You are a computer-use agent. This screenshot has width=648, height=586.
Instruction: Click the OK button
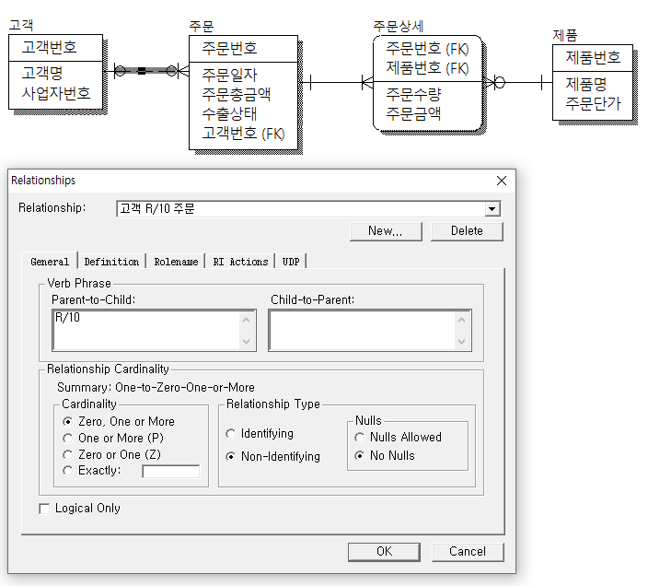click(x=384, y=552)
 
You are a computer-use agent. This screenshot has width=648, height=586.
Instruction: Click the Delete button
click(x=467, y=230)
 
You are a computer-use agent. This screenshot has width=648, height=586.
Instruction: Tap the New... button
click(x=386, y=230)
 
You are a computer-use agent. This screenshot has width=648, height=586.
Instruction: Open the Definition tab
click(x=111, y=262)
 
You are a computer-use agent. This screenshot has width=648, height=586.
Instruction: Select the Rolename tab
click(x=176, y=262)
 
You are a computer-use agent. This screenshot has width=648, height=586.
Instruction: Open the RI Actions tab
click(x=240, y=262)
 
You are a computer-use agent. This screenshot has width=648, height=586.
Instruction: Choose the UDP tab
click(x=291, y=262)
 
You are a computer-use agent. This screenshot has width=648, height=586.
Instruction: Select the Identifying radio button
click(x=231, y=433)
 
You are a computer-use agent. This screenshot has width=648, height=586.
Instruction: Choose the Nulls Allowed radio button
click(x=360, y=437)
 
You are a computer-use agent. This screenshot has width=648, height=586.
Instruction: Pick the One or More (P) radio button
click(x=67, y=438)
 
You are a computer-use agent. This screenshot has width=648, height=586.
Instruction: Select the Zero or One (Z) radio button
click(x=67, y=455)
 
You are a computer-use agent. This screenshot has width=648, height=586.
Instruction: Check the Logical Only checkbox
click(x=44, y=509)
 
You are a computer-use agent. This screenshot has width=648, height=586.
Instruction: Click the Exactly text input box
click(x=170, y=471)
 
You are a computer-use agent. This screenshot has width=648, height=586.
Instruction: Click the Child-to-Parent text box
click(x=370, y=331)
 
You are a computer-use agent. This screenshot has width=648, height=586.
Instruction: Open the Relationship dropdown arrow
click(x=492, y=209)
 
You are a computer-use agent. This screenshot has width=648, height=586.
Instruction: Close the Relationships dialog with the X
click(x=502, y=181)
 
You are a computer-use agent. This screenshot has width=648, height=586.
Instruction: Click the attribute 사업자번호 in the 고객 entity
click(x=56, y=93)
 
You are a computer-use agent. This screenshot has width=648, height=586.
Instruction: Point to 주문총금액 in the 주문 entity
click(x=237, y=94)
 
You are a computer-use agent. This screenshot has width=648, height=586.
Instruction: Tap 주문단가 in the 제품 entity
click(x=593, y=103)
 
